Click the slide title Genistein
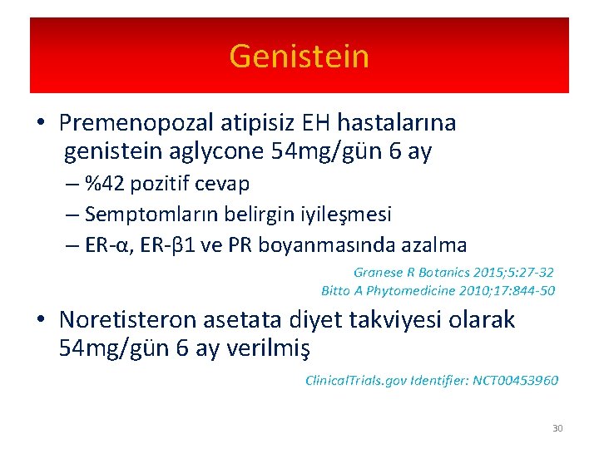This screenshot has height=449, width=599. [299, 57]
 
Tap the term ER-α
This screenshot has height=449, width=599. [107, 244]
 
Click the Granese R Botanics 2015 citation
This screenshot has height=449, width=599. [453, 272]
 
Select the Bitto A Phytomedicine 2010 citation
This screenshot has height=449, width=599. [438, 290]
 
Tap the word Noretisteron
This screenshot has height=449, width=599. [145, 320]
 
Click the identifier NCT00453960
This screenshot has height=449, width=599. [515, 380]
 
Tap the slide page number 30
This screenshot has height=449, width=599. [557, 428]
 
